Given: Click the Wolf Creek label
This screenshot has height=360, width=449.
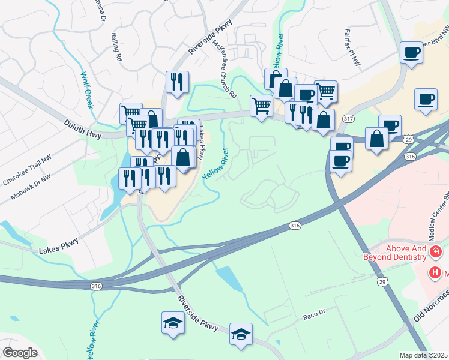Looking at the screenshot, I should point(88,91).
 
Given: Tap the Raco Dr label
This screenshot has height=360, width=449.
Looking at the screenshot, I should point(313,313).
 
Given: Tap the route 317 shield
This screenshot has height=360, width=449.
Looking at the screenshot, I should point(348,119).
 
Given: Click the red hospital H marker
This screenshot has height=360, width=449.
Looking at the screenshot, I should point(435,273).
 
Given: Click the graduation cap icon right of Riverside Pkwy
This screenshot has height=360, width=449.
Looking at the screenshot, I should point(241,334).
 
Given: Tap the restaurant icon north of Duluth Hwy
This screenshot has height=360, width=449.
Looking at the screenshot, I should point(177,82).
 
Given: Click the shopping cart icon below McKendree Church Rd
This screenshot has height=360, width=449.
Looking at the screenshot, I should point(261,106).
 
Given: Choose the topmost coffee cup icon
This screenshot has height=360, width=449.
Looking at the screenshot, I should point(411,52).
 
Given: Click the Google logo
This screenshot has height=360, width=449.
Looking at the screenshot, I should point(20,353).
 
